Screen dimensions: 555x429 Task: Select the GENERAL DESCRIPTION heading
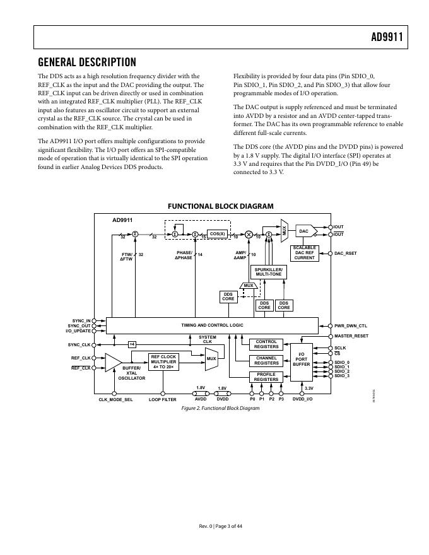87,62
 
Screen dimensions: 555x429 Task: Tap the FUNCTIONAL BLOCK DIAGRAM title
220,206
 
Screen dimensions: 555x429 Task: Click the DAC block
303,231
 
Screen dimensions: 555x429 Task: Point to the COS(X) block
217,233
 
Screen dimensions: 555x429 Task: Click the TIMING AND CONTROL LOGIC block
212,325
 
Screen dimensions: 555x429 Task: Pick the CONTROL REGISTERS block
266,344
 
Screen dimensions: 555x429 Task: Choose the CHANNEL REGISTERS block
266,361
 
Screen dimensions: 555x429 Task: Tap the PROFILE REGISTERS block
266,377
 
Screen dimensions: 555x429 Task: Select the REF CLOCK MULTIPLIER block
163,361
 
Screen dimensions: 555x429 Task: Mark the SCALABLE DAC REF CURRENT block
305,253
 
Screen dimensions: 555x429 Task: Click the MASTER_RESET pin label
351,336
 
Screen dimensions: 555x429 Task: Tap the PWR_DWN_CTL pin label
351,326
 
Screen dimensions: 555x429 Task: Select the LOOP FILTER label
162,400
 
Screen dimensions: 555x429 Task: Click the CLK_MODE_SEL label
115,400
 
